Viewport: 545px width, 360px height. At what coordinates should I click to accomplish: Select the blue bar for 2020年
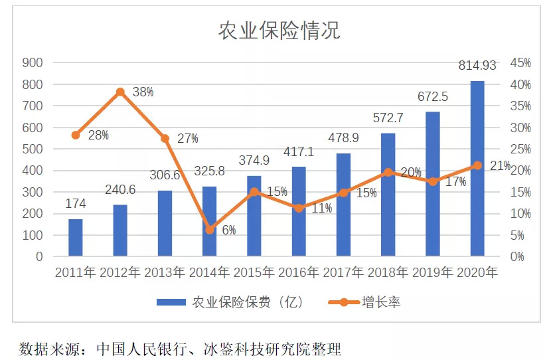click(x=477, y=169)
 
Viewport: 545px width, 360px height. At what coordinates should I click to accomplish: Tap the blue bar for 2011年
click(x=76, y=238)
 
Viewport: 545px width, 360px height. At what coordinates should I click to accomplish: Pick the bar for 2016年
click(x=299, y=211)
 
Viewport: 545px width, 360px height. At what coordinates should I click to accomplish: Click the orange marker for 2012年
click(x=120, y=92)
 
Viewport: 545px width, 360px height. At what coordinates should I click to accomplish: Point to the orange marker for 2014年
click(x=210, y=230)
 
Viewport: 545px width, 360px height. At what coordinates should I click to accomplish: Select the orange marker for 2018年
click(x=388, y=172)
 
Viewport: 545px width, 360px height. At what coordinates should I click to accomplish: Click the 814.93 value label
click(x=477, y=66)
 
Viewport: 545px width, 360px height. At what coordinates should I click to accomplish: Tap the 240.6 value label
click(x=120, y=190)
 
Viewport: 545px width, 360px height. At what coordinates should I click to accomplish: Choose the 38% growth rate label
click(x=143, y=92)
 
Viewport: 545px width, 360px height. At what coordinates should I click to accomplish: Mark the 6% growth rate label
click(x=228, y=231)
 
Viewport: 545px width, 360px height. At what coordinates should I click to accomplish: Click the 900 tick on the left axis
click(x=33, y=63)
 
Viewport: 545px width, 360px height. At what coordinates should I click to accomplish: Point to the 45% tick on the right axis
click(x=520, y=63)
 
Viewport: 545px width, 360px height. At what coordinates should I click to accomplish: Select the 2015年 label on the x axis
click(x=254, y=272)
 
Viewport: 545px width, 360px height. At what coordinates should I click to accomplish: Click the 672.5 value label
click(x=433, y=97)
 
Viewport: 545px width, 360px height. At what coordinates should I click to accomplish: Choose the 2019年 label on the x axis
click(x=433, y=272)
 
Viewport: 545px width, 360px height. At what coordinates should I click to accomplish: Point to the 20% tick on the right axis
click(x=520, y=171)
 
